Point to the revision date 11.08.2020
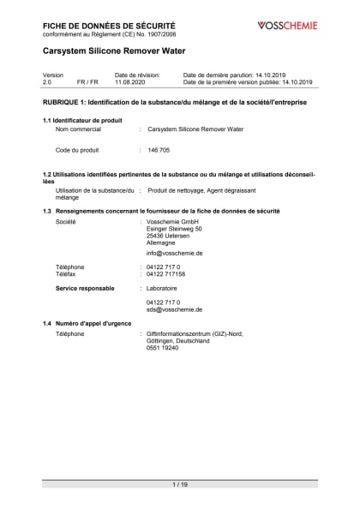point(131,82)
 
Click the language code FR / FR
point(87,82)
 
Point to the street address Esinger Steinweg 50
point(174,229)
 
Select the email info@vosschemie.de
point(174,254)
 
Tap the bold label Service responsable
point(85,289)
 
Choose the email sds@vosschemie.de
point(174,309)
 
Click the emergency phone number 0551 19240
point(163,348)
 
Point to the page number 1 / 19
point(180,485)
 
